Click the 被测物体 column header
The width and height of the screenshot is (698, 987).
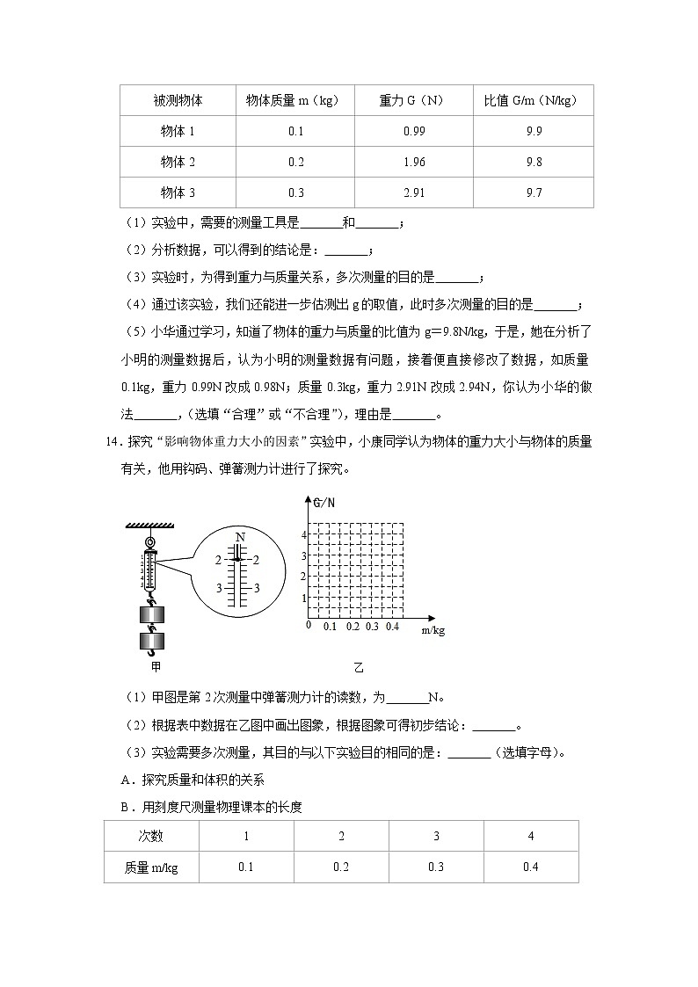point(177,100)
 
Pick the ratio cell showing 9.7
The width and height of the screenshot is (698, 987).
point(533,192)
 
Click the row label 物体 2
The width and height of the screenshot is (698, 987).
point(177,162)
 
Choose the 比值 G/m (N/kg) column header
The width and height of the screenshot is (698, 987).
point(533,100)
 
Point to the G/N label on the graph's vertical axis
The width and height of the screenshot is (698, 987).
point(324,503)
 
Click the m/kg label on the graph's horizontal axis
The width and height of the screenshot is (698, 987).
point(433,630)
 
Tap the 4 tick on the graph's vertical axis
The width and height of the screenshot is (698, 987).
point(303,534)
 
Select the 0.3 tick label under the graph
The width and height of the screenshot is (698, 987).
point(372,627)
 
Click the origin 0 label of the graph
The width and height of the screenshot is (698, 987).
point(308,625)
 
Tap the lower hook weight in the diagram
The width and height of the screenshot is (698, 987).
point(152,641)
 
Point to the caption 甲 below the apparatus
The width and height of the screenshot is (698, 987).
point(156,667)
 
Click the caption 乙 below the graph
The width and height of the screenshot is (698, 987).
point(357,667)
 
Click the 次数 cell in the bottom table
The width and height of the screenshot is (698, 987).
point(151,836)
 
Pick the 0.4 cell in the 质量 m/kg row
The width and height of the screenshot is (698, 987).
point(530,867)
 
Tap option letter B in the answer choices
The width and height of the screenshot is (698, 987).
point(125,806)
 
